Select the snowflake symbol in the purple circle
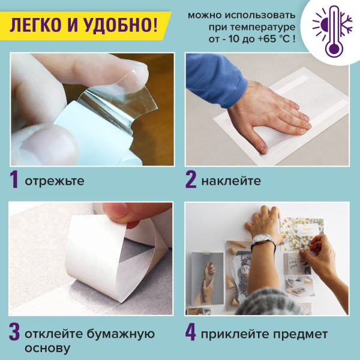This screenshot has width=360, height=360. point(343,23)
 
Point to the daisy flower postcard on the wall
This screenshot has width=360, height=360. point(304,234)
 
